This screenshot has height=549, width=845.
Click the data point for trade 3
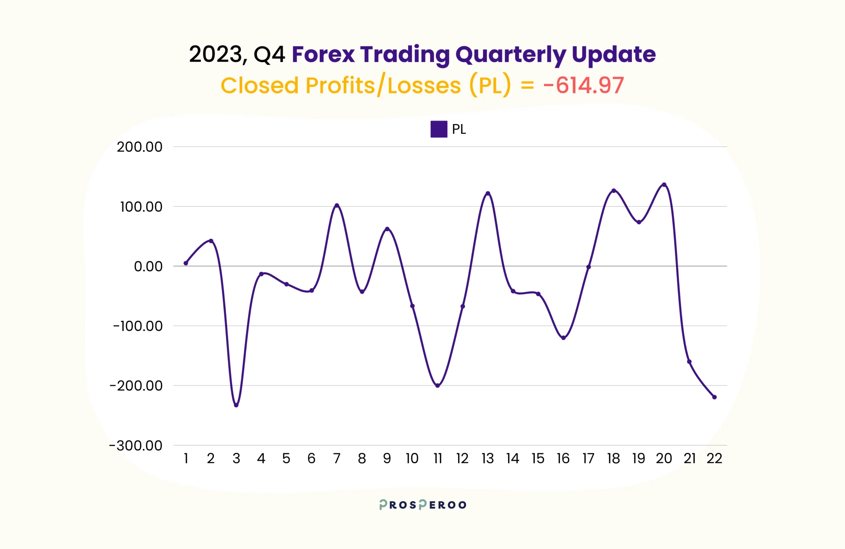[236, 405]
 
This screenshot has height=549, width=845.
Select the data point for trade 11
[437, 385]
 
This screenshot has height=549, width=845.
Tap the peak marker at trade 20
[664, 184]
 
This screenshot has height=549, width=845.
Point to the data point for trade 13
[488, 193]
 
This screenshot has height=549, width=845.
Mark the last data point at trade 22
[714, 397]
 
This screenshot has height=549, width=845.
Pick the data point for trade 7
[337, 206]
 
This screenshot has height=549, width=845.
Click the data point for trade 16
[563, 338]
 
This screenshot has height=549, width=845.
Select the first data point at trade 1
[186, 263]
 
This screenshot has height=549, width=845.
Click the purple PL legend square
[438, 129]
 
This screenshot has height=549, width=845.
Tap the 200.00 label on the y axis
[140, 147]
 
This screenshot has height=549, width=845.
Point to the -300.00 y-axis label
[136, 445]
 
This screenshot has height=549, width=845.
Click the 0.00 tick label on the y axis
[148, 266]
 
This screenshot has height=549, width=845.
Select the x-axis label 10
[412, 459]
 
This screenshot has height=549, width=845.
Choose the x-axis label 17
[588, 459]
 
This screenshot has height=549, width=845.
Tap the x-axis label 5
[286, 459]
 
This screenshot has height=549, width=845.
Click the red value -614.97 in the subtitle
[583, 85]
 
